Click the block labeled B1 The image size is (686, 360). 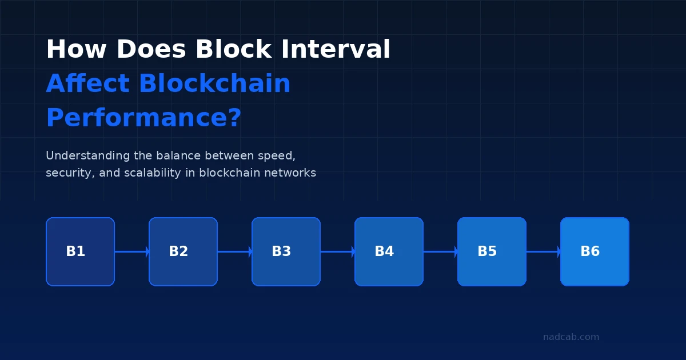pos(80,251)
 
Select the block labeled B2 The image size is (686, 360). pos(183,251)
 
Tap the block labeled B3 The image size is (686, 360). pos(286,251)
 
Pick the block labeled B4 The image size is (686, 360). pos(389,251)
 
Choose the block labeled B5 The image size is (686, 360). pos(492,251)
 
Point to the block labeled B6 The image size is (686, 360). pos(595,251)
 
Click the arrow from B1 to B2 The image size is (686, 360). pos(131,251)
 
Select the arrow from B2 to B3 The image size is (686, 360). pos(234,251)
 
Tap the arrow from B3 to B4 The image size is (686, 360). pos(337,251)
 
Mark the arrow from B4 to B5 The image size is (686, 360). pos(440,251)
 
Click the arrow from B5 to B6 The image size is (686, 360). pos(543,251)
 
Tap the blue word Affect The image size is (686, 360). pos(87,84)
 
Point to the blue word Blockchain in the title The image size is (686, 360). pos(214,84)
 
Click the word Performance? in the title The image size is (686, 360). pos(143,118)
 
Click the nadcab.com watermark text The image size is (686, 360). pos(571,337)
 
